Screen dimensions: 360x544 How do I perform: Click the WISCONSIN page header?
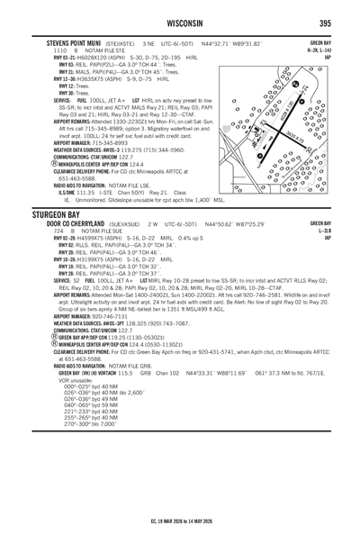[x=180, y=23]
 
